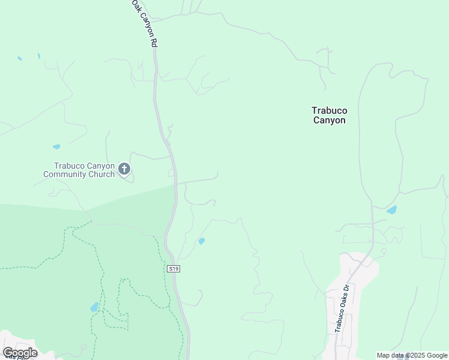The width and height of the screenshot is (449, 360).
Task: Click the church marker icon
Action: point(124,169)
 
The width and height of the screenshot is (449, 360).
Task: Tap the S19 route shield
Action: point(173,269)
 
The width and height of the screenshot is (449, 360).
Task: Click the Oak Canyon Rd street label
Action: point(145,24)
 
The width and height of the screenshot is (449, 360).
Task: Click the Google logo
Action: point(20,353)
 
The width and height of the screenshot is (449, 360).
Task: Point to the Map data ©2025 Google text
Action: point(412,355)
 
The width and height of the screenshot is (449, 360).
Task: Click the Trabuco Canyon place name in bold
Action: point(329,115)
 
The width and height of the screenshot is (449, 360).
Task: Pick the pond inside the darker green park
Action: point(94,307)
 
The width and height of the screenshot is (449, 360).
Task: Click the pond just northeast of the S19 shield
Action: point(201,241)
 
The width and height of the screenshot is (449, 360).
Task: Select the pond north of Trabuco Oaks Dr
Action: point(392,210)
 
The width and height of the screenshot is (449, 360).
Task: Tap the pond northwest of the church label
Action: point(56,146)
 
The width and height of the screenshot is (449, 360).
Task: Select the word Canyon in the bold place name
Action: point(329,120)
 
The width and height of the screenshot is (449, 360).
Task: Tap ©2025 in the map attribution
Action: point(410,355)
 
